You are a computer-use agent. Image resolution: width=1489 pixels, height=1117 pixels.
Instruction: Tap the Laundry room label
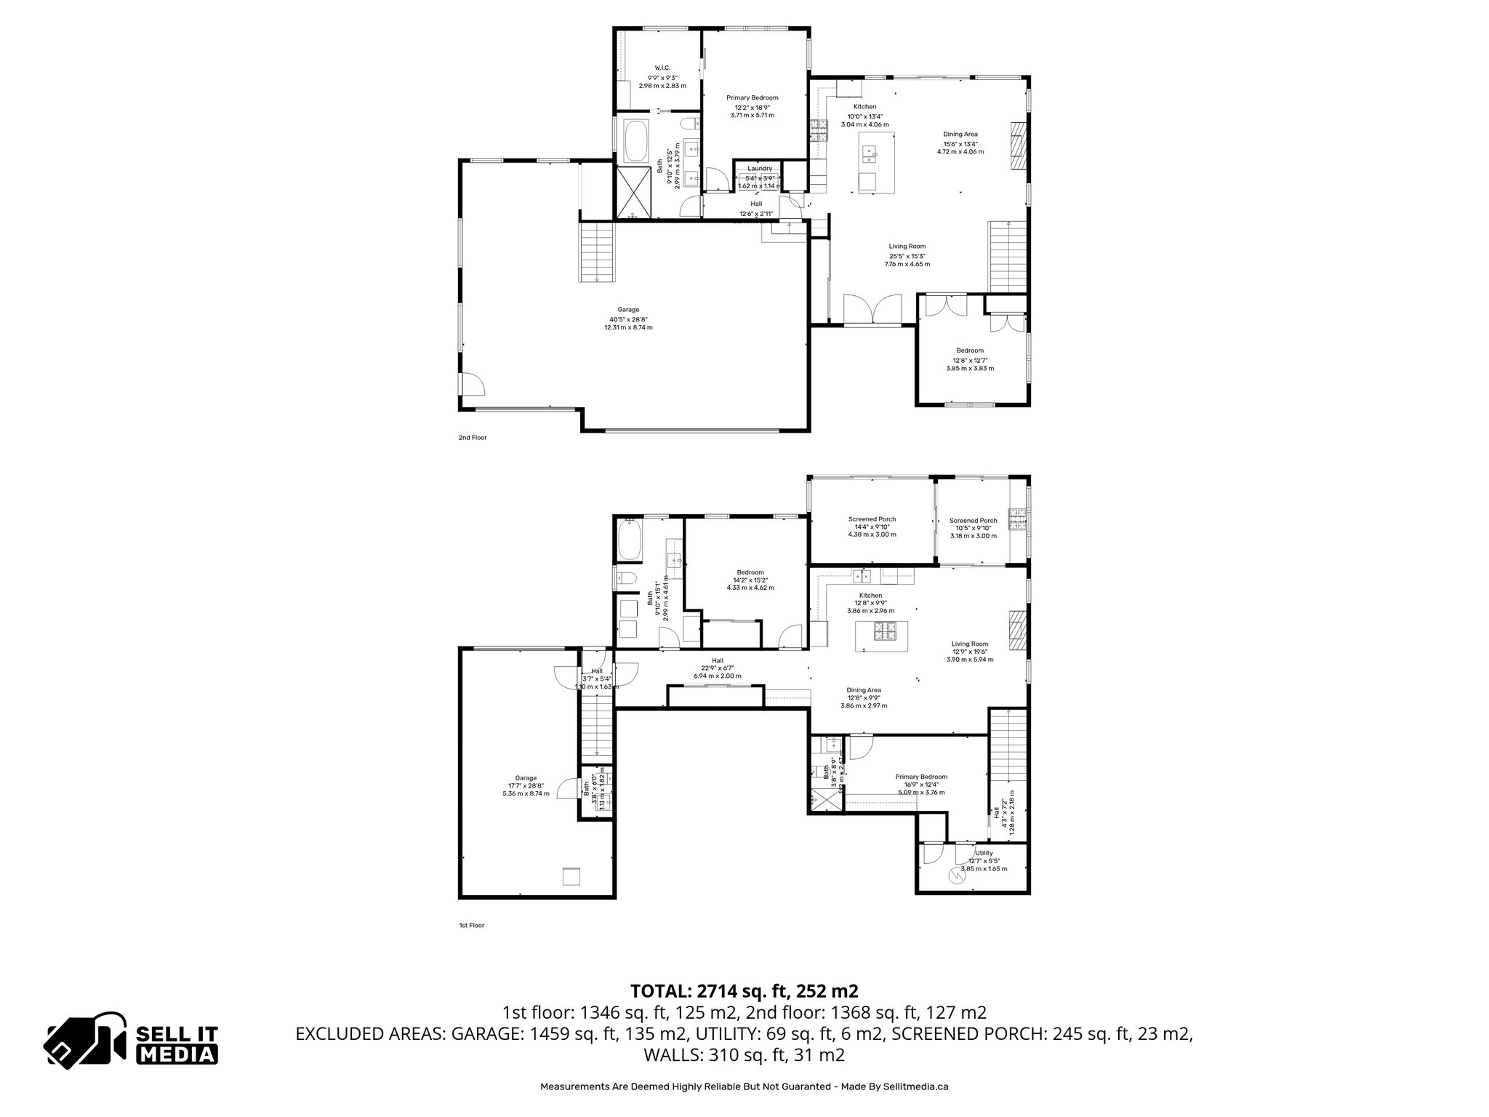click(760, 168)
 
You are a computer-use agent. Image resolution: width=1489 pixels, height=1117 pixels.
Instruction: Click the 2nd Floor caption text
click(473, 438)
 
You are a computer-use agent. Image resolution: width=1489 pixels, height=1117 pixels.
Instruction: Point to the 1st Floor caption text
click(471, 926)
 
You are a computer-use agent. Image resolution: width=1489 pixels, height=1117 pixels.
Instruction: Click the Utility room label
click(984, 853)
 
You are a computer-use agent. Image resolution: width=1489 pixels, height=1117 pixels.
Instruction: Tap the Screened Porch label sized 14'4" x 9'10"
click(872, 519)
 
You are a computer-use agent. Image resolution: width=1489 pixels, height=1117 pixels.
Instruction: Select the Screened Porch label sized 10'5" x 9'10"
click(973, 520)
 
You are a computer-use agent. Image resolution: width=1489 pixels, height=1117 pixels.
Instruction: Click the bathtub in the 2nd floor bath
click(636, 141)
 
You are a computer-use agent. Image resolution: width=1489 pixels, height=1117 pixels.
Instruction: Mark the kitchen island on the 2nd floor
click(871, 162)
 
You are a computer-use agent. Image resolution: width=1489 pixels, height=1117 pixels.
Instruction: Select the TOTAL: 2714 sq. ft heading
click(744, 990)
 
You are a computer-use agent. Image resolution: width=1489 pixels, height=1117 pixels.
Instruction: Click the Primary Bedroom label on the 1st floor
click(921, 777)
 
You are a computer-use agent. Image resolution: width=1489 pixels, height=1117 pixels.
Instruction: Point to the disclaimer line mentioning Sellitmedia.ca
click(744, 1086)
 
